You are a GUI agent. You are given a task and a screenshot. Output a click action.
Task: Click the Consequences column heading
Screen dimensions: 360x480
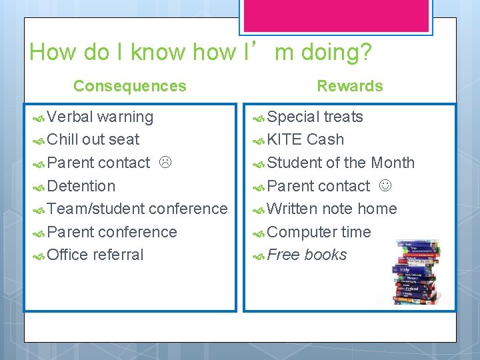[x=130, y=86]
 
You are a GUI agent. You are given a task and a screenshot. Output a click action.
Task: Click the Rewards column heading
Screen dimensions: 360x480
[x=349, y=86]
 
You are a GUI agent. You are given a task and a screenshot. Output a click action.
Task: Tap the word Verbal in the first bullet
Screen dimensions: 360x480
[x=71, y=117]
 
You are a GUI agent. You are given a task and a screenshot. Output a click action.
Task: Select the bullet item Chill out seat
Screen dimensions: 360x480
[x=93, y=139]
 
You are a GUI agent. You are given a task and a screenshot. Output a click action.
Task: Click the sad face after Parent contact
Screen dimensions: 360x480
[x=165, y=163]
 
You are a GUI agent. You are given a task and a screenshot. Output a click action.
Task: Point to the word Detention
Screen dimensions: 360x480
[x=81, y=186]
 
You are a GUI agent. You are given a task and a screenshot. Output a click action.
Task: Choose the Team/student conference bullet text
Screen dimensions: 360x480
[x=137, y=209]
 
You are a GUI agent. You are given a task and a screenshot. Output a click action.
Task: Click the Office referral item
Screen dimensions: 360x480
[x=95, y=255]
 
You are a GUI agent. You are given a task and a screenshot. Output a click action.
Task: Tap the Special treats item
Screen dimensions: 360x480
[x=315, y=117]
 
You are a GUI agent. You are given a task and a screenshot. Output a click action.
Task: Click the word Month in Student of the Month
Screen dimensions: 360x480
[x=393, y=163]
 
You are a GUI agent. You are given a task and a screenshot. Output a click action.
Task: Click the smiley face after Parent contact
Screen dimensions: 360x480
[x=385, y=186]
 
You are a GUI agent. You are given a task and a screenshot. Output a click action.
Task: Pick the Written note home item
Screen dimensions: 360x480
[x=331, y=209]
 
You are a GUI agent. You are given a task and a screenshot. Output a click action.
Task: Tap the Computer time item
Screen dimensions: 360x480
[x=319, y=232]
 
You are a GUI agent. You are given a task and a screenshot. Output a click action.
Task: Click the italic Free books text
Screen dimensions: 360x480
[x=307, y=255]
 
